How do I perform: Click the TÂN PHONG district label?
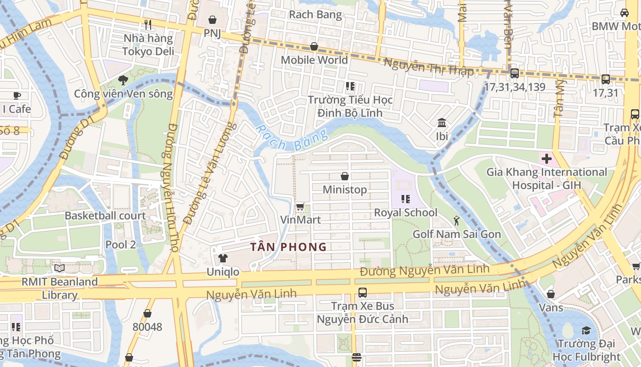(x=288, y=247)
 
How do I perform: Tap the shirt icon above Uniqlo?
(x=223, y=258)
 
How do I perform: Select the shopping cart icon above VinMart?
(x=300, y=206)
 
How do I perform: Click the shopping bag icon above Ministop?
(x=345, y=176)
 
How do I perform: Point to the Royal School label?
(x=406, y=212)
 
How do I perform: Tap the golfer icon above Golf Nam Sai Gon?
(x=456, y=221)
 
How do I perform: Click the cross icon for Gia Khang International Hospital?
(x=546, y=159)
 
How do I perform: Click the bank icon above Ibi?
(x=442, y=123)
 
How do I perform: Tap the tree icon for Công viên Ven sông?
(x=123, y=80)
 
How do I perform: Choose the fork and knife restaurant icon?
(x=147, y=24)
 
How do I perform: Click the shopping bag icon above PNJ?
(x=212, y=20)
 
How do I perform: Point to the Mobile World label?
(x=314, y=60)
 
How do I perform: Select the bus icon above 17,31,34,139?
(x=515, y=73)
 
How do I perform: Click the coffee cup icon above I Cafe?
(x=17, y=95)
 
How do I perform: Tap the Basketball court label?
(x=105, y=216)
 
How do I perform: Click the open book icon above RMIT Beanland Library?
(x=59, y=268)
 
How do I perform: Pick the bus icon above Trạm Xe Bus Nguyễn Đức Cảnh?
(x=363, y=292)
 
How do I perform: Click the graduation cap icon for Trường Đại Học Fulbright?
(x=586, y=330)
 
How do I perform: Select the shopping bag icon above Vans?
(x=551, y=294)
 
